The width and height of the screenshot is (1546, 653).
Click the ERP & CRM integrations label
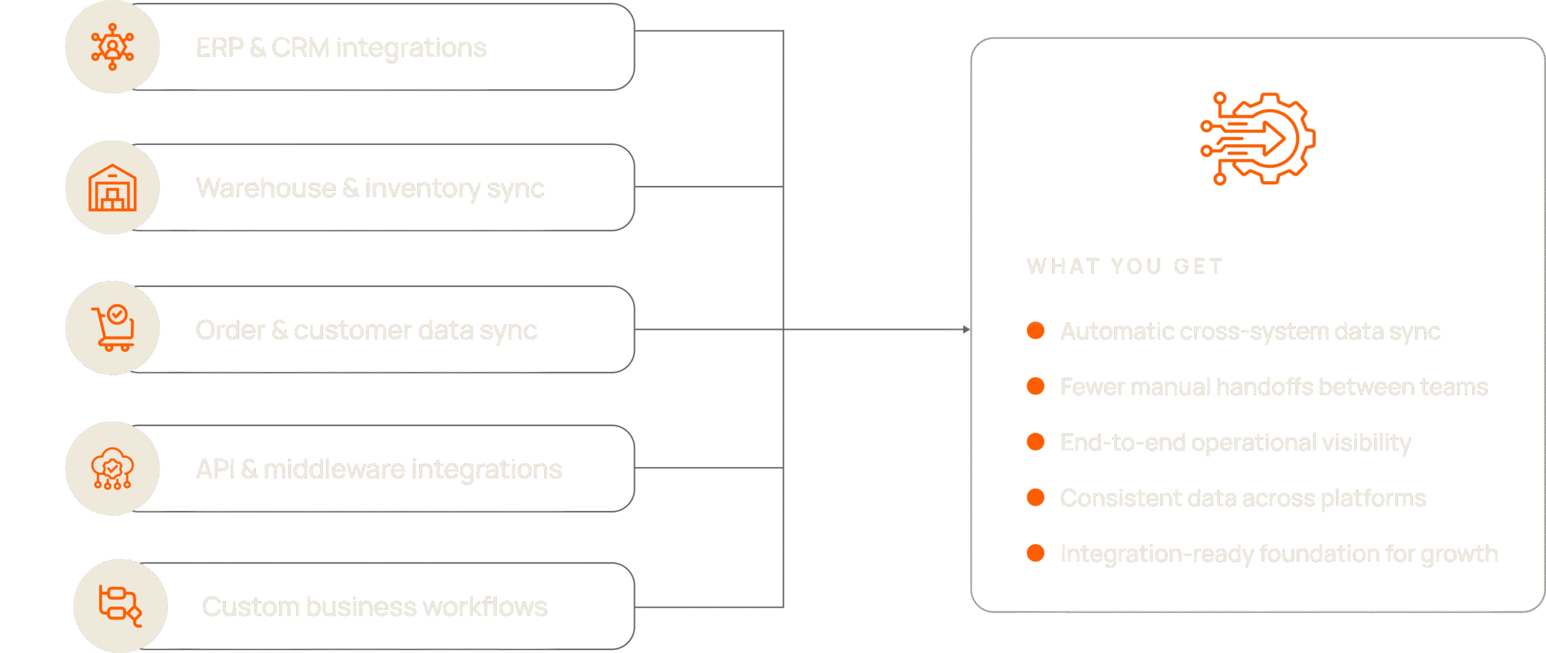[341, 48]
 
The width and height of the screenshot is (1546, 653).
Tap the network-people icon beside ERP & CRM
[112, 47]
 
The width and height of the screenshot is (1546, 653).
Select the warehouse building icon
[112, 187]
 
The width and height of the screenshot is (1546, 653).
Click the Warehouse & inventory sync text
[370, 188]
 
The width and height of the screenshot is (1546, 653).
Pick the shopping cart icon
[113, 327]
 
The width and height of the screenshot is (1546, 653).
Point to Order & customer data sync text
[366, 330]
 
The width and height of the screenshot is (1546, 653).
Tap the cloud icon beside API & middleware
[112, 468]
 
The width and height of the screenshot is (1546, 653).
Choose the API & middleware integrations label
[379, 469]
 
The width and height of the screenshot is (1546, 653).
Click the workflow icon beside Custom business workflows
[120, 606]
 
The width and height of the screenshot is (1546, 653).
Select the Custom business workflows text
[374, 607]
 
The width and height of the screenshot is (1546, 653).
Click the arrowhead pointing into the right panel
[966, 329]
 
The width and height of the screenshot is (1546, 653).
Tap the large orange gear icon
[1258, 138]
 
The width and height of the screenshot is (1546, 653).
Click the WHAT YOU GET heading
[1125, 266]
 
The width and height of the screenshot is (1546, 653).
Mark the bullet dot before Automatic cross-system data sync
[1036, 330]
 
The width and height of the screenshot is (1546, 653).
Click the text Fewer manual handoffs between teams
[1274, 387]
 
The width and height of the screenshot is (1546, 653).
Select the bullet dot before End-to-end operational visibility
[1036, 442]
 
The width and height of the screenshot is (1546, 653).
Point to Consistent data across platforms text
[1243, 498]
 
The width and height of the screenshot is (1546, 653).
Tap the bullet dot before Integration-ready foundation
[1036, 553]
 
